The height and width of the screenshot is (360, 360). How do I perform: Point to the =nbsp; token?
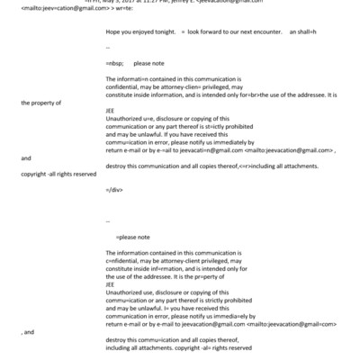(x=115, y=64)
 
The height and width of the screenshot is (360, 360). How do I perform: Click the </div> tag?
(x=113, y=191)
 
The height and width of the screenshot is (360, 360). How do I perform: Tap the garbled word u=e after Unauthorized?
(x=150, y=117)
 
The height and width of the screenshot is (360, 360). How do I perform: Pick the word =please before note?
(x=131, y=235)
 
